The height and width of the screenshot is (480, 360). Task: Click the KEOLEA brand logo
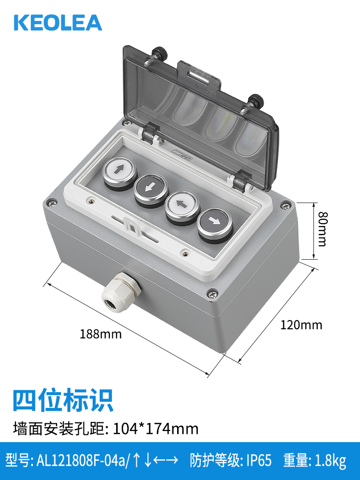(x=58, y=23)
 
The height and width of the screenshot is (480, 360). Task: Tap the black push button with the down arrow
(x=151, y=190)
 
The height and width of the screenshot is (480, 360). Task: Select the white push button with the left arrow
(x=182, y=207)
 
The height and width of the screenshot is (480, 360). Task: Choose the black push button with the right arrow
(x=215, y=225)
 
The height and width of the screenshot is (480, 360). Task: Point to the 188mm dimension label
(x=101, y=334)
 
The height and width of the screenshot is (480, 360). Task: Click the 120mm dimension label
(x=301, y=325)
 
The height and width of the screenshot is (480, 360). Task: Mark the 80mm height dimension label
(x=323, y=228)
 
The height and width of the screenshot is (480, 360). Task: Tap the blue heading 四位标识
(x=63, y=400)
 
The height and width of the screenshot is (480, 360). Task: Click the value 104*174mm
(x=156, y=429)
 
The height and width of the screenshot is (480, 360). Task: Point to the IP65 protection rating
(x=259, y=460)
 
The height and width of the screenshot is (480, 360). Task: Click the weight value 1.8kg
(x=330, y=461)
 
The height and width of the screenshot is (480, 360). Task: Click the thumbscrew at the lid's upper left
(x=160, y=54)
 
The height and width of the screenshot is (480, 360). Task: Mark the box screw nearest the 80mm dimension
(x=287, y=205)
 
